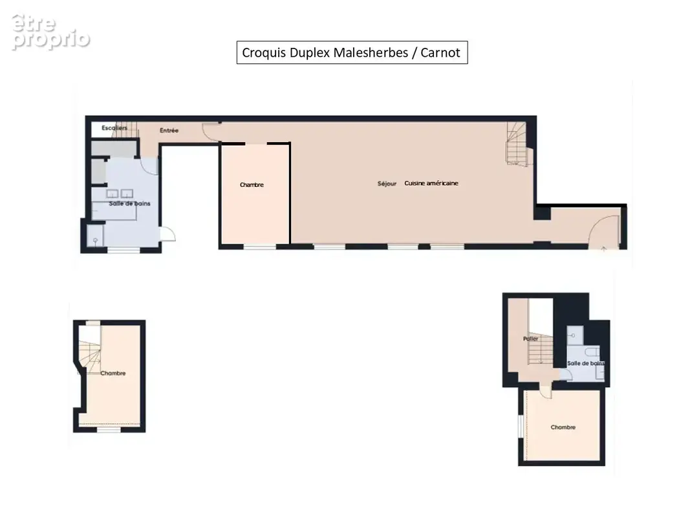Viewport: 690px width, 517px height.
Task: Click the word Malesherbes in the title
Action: point(371,53)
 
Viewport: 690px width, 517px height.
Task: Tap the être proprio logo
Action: point(50,32)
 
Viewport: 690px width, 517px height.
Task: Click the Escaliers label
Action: point(114,128)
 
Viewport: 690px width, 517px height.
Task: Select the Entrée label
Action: point(169,131)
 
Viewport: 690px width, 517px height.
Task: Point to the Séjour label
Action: point(387,184)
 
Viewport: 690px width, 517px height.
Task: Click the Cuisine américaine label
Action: point(431,184)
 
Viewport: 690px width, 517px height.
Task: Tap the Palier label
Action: point(531,339)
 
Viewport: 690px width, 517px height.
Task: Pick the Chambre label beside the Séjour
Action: point(252,185)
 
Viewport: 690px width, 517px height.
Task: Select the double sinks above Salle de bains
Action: point(120,193)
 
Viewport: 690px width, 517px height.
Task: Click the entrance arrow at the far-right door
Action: point(604,249)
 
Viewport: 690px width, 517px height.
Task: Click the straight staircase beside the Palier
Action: point(541,350)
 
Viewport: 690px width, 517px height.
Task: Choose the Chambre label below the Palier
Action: point(563,427)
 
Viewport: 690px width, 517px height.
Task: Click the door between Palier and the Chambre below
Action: point(545,391)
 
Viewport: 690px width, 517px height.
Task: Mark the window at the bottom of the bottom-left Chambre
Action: point(109,430)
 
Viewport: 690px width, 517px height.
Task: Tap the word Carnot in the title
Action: point(440,53)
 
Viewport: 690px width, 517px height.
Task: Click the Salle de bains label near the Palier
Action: point(586,364)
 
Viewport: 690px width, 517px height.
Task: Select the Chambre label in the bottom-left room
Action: point(113,374)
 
